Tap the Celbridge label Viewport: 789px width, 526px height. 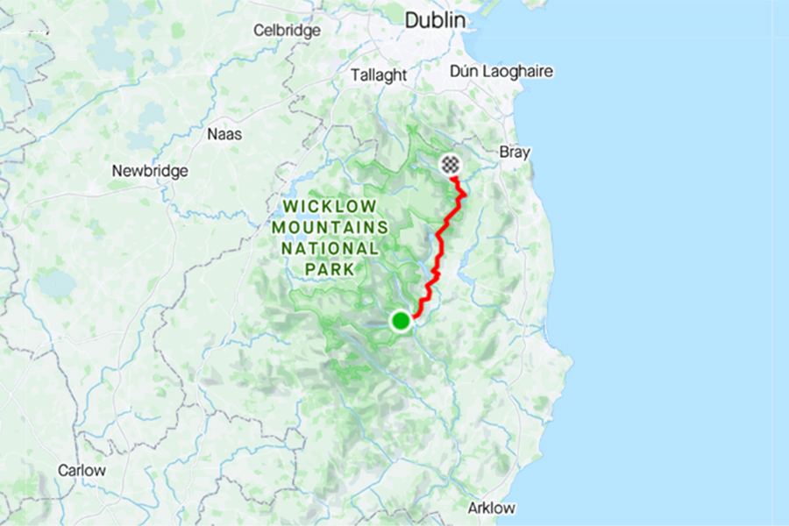287,30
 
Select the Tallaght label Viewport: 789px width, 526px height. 379,75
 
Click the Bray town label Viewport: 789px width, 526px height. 515,152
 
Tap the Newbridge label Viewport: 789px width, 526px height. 150,171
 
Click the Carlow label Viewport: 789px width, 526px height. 82,470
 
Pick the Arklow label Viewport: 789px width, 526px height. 492,508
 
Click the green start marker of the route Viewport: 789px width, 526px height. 401,321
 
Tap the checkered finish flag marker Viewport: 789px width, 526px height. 450,164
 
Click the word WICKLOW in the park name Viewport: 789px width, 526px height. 329,207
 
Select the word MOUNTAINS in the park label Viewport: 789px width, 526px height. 329,227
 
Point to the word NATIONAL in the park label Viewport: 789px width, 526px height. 329,248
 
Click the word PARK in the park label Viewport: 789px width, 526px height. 329,269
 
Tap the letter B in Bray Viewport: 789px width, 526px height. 503,152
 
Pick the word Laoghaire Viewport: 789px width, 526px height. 524,71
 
